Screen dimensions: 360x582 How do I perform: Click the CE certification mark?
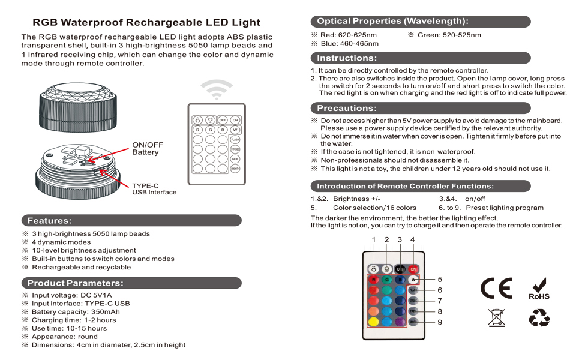[x=496, y=289]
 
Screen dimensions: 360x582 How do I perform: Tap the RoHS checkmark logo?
[x=539, y=289]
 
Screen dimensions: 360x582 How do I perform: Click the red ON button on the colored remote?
[x=413, y=269]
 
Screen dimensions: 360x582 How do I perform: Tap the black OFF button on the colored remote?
[x=400, y=269]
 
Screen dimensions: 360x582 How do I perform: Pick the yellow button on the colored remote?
[x=373, y=322]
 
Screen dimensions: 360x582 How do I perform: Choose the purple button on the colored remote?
[x=400, y=322]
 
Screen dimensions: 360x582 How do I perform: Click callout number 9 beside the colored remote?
[x=440, y=322]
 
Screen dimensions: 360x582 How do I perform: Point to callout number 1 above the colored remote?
[x=373, y=240]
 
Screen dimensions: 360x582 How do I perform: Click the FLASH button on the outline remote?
[x=235, y=140]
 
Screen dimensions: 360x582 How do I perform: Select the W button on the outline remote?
[x=235, y=130]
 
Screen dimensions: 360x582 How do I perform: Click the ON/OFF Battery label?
[x=147, y=148]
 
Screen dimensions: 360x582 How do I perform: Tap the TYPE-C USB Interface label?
[x=154, y=189]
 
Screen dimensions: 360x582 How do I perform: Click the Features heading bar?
[x=131, y=221]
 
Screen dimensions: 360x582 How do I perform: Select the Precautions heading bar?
[x=420, y=109]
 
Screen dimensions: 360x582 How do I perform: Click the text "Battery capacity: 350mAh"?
[x=76, y=311]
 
